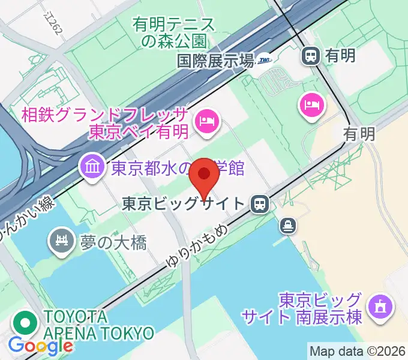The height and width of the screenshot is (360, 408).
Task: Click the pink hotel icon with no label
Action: click(311, 106)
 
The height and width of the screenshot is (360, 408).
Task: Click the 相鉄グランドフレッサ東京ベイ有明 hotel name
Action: click(104, 123)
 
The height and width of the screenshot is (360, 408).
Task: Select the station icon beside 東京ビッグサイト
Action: click(260, 204)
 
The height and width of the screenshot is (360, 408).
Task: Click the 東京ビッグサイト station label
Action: click(184, 204)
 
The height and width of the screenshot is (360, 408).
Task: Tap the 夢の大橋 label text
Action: click(113, 242)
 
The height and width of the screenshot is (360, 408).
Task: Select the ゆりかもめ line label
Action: click(195, 242)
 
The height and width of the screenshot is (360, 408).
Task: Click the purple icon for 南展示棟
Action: click(379, 307)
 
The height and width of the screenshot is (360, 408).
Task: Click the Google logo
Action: click(40, 346)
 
